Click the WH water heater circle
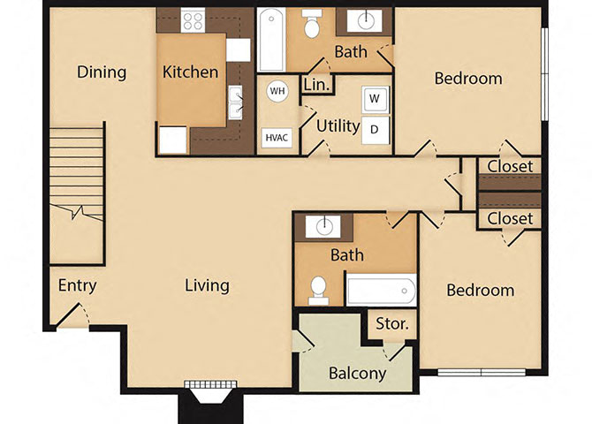point(277,92)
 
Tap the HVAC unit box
point(277,137)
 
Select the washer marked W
point(375,98)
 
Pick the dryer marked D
point(375,129)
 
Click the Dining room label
point(102,72)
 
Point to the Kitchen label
point(190,72)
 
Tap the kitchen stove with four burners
point(193,19)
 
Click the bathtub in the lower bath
point(381,289)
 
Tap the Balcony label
point(357,373)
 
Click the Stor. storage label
point(392,324)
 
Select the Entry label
point(77,285)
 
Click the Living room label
point(207,285)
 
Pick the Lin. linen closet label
point(316,85)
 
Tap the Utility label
point(338,125)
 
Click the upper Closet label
point(510,166)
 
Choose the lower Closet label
point(510,217)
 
